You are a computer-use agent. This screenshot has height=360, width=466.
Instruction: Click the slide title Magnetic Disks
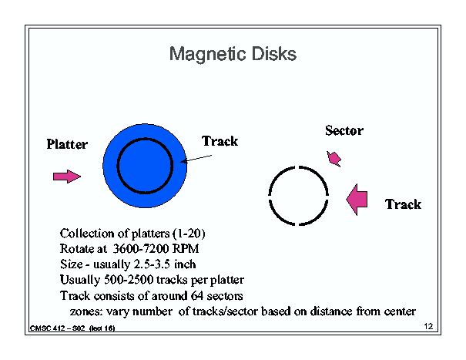[233, 55]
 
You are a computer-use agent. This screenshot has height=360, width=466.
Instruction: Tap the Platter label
[67, 144]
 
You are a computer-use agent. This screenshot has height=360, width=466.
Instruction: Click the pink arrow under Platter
[67, 177]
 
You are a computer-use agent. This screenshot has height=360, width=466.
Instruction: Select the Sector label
[344, 130]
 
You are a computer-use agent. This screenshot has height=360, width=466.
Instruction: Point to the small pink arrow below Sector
[334, 159]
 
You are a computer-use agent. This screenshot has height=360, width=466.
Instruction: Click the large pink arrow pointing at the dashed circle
[357, 200]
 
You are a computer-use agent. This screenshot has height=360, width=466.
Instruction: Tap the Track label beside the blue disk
[220, 141]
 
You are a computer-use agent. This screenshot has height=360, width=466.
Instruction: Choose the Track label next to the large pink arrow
[404, 204]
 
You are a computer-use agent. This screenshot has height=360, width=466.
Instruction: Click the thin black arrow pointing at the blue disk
[196, 159]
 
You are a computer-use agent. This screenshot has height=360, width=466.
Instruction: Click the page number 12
[428, 326]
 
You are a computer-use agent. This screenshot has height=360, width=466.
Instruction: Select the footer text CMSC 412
[48, 328]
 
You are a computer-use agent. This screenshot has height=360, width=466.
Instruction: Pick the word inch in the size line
[185, 264]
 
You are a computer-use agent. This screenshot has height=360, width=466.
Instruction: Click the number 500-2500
[129, 280]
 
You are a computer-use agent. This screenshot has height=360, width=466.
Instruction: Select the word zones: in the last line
[86, 311]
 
